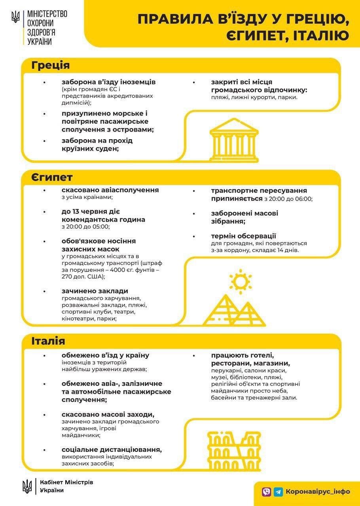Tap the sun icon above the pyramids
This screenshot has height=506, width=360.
(239, 281)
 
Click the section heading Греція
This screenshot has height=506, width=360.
(51, 65)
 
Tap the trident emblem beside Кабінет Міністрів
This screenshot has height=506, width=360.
(27, 486)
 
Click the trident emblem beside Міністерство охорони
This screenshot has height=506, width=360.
(15, 17)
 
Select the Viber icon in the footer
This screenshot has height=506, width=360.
(267, 491)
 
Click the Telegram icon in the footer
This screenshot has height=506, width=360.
(279, 491)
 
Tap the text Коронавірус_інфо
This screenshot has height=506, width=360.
(318, 491)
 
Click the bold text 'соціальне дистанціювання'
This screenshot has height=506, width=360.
(112, 450)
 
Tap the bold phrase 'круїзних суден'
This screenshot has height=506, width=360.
(90, 149)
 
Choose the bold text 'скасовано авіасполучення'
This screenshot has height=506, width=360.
(110, 190)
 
